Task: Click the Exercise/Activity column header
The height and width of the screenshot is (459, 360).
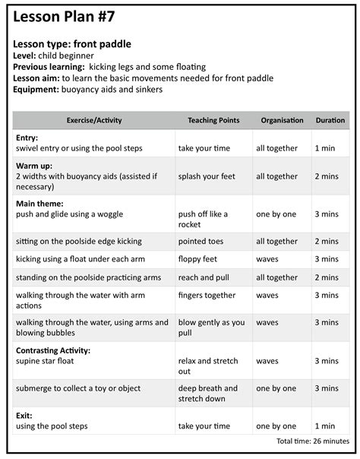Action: coord(94,120)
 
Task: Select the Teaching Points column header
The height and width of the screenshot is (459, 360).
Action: coord(213,120)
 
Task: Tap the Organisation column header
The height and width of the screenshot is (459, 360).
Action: coord(282,120)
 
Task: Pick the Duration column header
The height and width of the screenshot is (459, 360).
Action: coord(330,120)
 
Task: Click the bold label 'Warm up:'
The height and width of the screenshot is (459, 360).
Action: coord(36,165)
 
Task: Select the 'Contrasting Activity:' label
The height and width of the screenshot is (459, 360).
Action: coord(52,350)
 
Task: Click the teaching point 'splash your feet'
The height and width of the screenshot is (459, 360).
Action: coord(207,176)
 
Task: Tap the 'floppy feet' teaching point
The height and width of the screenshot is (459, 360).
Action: coord(198,259)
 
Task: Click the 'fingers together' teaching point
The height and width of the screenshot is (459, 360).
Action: coord(207,295)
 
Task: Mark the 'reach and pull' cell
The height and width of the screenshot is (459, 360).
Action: coord(204,277)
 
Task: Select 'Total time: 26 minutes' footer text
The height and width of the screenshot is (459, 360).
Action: coord(313,441)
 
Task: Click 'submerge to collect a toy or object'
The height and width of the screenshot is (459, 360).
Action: coord(78,388)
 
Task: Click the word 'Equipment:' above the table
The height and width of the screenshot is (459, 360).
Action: coord(36,89)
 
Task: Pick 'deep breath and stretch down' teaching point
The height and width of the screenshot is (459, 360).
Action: coord(207,393)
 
